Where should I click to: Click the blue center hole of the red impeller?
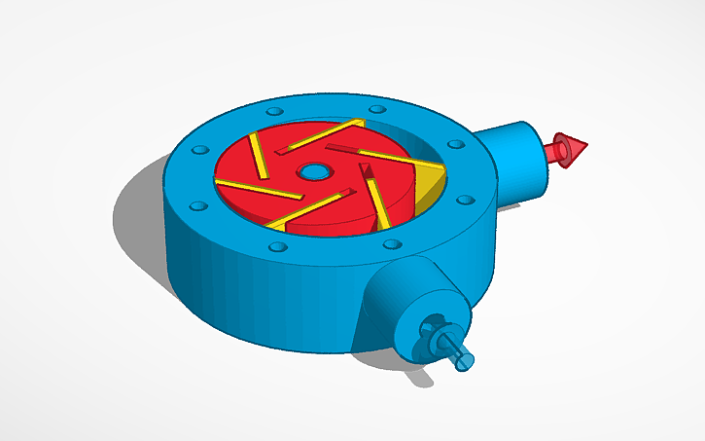tap(313, 173)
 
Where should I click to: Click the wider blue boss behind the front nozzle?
tap(389, 292)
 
